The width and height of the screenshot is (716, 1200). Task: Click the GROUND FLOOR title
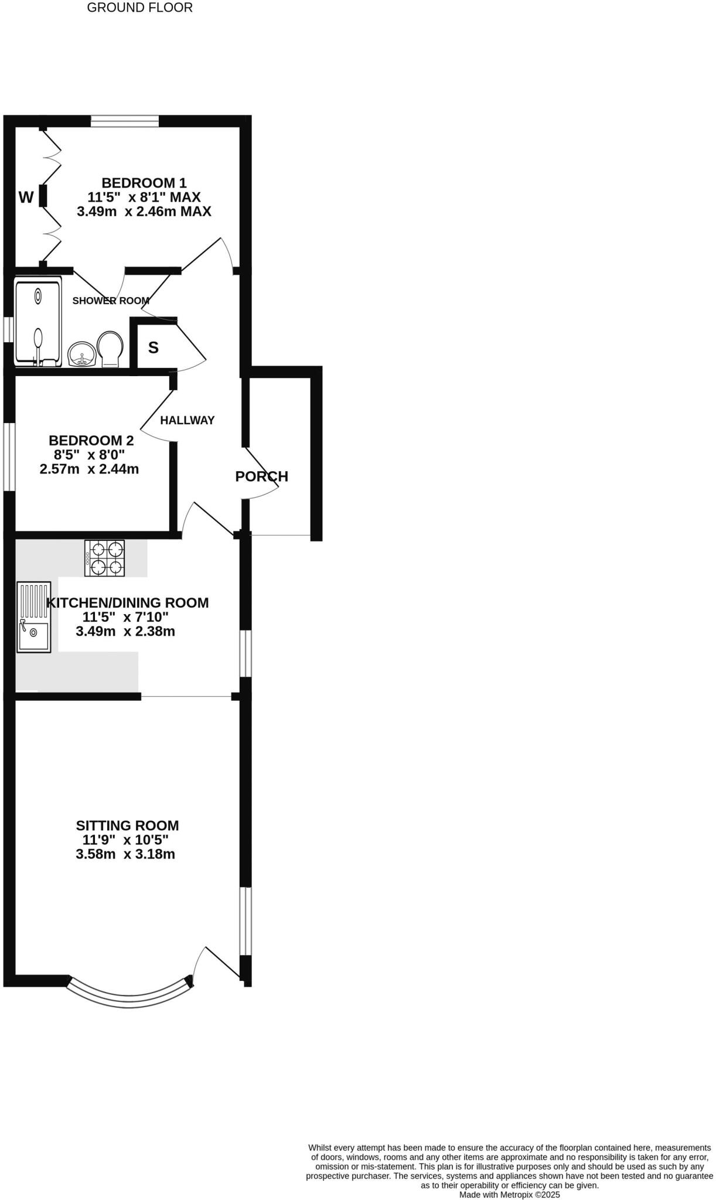point(139,8)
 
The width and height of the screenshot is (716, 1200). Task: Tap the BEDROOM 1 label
point(144,182)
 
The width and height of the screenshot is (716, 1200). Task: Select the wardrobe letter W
point(26,197)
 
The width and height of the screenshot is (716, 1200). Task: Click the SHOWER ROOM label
point(111,301)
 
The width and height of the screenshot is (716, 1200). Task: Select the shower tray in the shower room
point(38,323)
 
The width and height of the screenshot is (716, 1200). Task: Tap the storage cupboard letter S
point(154,348)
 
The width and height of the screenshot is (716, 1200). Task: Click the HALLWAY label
point(187,420)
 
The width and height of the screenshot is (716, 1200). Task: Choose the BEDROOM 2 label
point(91,441)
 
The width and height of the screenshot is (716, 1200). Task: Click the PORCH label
point(261,476)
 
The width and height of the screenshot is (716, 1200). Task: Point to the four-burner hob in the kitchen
point(105,558)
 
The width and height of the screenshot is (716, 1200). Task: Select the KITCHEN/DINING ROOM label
point(127,602)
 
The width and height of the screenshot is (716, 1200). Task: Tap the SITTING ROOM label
point(127,826)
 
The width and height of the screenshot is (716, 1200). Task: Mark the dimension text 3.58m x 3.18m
point(125,854)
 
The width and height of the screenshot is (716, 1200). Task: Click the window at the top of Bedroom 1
point(125,121)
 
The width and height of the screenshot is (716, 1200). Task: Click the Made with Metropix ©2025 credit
point(510,1195)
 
